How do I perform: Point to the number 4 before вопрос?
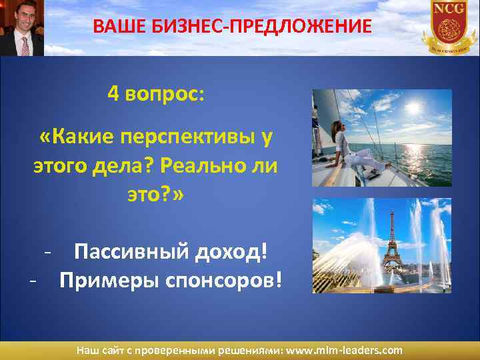pyautogui.click(x=112, y=95)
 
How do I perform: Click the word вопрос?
pyautogui.click(x=165, y=95)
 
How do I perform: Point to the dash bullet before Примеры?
pyautogui.click(x=33, y=279)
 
